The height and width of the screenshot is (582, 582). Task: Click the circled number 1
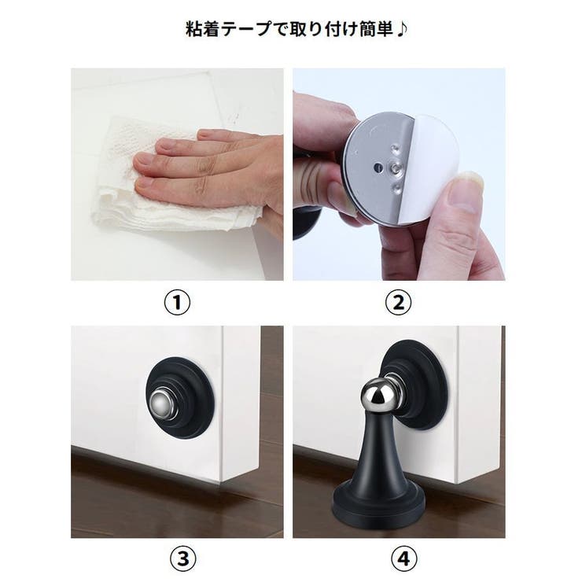(177, 302)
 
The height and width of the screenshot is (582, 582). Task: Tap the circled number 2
(399, 302)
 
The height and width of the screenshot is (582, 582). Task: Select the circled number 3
(177, 559)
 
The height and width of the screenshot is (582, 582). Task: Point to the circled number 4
(399, 559)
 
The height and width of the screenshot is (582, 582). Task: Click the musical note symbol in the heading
(403, 30)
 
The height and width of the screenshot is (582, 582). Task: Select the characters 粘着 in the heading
(200, 30)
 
